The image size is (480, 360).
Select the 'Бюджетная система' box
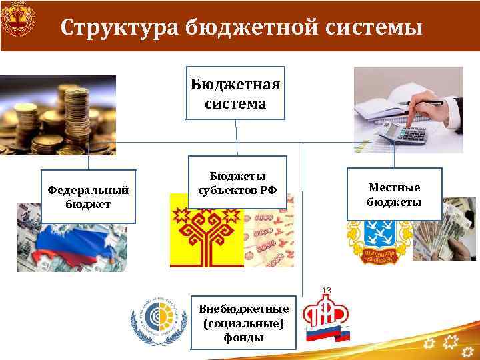click(235, 93)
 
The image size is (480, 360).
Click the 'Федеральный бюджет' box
click(88, 196)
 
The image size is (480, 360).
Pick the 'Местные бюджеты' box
click(394, 193)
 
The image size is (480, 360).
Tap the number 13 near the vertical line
click(327, 290)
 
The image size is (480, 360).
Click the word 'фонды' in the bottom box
click(244, 337)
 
